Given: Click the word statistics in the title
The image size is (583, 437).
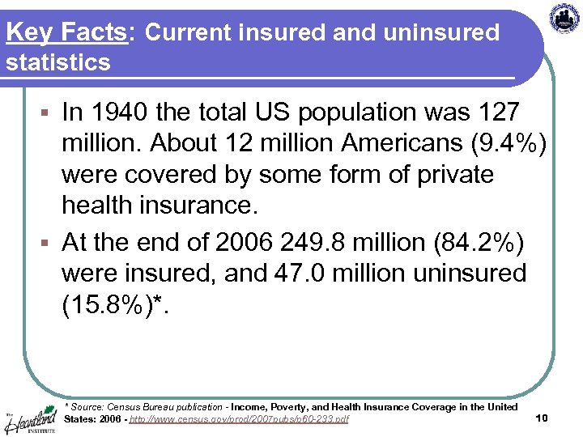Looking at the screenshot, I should pyautogui.click(x=57, y=62).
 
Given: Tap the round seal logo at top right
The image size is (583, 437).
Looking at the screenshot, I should pyautogui.click(x=564, y=19).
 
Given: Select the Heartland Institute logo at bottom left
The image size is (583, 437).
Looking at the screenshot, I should pyautogui.click(x=31, y=416).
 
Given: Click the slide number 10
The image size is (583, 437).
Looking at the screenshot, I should pyautogui.click(x=543, y=418).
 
